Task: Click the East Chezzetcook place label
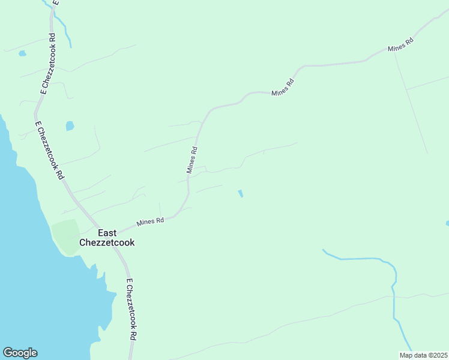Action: [107, 238]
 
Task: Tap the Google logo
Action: [20, 353]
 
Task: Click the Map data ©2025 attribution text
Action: [423, 355]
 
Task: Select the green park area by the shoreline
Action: [65, 236]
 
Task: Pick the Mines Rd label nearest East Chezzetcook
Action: [150, 221]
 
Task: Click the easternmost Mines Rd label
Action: [401, 45]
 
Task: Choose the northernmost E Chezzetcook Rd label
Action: [48, 63]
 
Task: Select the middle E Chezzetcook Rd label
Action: [49, 150]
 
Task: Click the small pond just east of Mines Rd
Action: [240, 194]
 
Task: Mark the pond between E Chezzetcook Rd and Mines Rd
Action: [70, 126]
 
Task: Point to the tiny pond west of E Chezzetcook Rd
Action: [22, 53]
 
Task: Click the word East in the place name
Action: [107, 233]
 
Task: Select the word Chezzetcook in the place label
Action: [107, 243]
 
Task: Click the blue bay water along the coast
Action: [24, 270]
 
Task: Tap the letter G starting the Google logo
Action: [8, 353]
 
